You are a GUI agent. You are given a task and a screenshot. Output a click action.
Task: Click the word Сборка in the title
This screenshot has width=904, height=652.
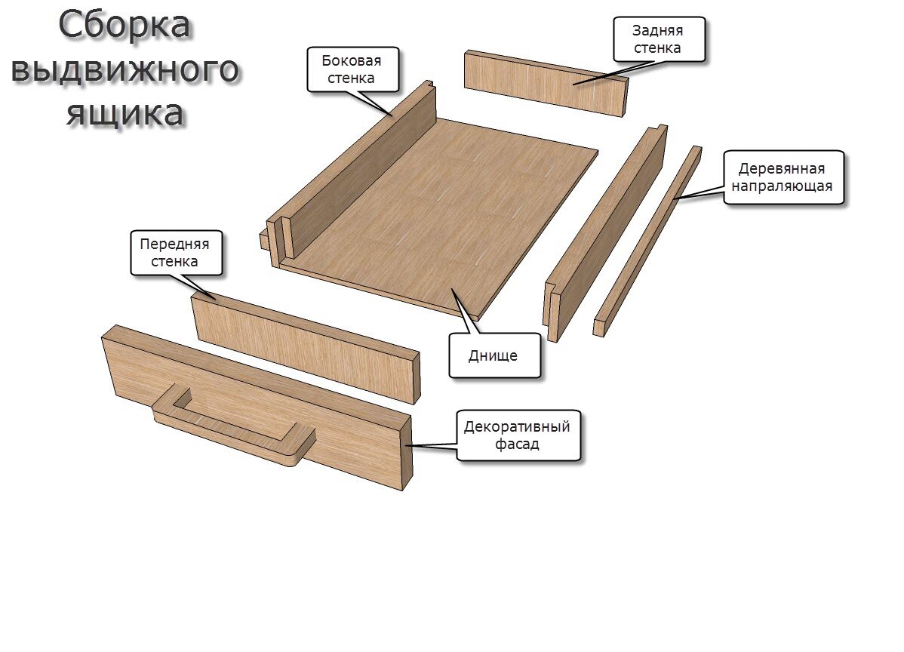click(x=124, y=26)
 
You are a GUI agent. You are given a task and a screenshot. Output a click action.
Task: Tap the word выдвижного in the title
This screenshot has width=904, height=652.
click(x=125, y=69)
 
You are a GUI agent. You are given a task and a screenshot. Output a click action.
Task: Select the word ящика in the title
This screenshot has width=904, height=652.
click(x=125, y=113)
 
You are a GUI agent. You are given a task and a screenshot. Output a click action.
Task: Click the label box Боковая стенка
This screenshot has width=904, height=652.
click(x=353, y=69)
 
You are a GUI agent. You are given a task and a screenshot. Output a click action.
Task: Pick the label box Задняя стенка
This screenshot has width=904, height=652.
click(x=659, y=39)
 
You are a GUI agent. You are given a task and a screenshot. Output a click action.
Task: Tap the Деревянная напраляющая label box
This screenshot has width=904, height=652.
click(x=783, y=177)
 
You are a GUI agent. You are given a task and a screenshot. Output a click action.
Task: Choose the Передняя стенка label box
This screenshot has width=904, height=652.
click(x=176, y=253)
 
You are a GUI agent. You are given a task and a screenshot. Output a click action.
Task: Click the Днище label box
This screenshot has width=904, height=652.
click(x=494, y=355)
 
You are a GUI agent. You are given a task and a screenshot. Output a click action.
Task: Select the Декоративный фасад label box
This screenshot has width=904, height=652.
click(x=518, y=435)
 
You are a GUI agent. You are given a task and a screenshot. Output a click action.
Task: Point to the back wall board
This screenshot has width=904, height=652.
click(x=546, y=82)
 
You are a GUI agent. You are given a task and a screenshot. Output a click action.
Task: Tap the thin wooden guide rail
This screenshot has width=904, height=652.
click(x=647, y=241)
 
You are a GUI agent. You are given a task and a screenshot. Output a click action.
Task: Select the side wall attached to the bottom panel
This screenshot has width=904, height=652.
click(x=351, y=171)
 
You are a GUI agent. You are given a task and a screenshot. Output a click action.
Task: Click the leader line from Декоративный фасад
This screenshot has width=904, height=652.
click(x=432, y=445)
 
